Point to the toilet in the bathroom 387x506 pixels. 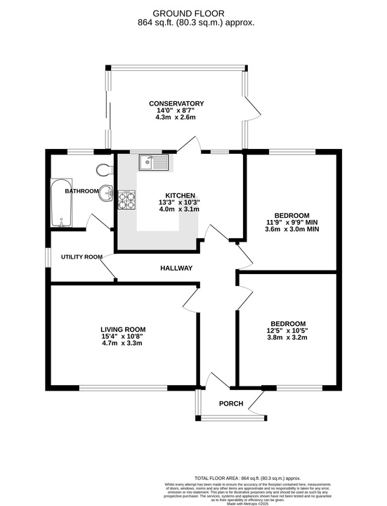[104, 169]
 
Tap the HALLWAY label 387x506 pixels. [176, 268]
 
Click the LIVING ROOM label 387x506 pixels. [123, 329]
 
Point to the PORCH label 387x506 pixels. [231, 403]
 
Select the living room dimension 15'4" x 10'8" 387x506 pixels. [123, 337]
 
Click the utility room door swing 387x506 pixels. [109, 268]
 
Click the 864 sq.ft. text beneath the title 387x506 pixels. [195, 22]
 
